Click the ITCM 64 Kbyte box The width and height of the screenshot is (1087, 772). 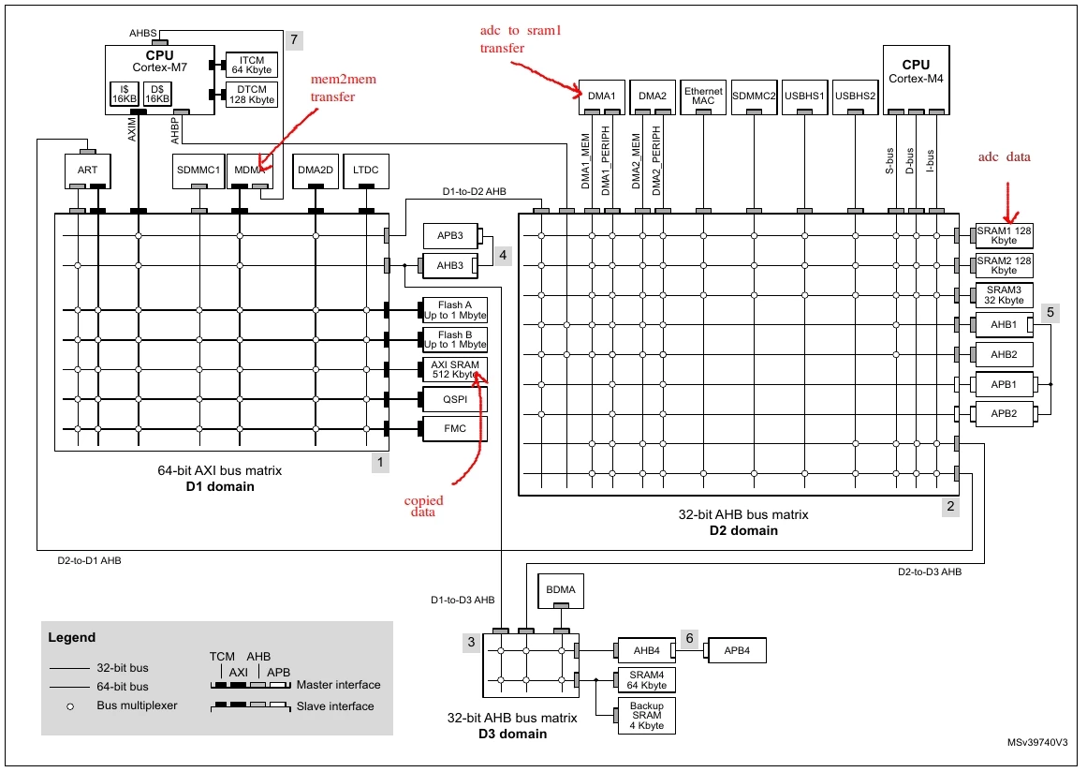click(252, 65)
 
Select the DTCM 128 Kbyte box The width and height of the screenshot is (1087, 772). click(252, 95)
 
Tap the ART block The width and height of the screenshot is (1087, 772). click(87, 170)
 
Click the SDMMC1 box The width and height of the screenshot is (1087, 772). click(198, 170)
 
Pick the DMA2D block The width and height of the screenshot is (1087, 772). click(316, 170)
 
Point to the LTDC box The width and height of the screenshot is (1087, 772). click(366, 170)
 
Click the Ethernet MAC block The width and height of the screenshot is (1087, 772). click(703, 96)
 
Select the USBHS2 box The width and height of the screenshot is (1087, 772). click(856, 96)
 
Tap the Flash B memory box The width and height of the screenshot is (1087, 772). click(455, 339)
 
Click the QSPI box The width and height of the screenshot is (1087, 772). click(455, 399)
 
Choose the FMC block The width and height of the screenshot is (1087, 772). click(455, 429)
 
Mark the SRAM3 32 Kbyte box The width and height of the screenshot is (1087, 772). click(1004, 295)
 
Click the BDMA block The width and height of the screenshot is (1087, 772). click(561, 589)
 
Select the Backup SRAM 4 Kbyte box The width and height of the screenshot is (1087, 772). click(647, 715)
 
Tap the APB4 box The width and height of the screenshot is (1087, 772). click(737, 650)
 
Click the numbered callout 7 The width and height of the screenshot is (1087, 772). click(294, 39)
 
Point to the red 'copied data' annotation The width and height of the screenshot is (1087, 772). click(423, 506)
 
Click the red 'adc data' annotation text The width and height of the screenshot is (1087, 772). click(1004, 156)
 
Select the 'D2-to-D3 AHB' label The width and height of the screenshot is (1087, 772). click(930, 572)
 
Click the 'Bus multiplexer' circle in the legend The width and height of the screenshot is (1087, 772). click(70, 706)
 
